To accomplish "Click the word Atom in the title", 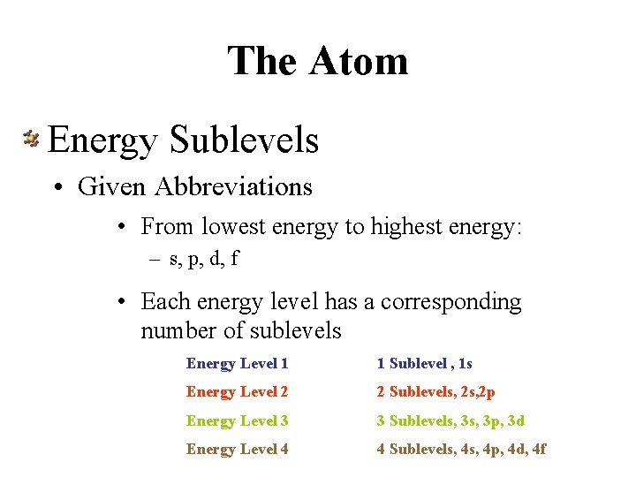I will [x=359, y=61].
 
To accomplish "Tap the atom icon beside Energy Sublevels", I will [x=31, y=139].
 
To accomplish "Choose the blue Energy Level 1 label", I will [x=237, y=364].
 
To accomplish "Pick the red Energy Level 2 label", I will [x=237, y=392].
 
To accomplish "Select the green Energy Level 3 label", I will [x=237, y=421].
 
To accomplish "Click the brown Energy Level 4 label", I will [x=237, y=450].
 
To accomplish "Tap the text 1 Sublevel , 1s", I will [x=424, y=364].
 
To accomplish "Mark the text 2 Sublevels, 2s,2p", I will [x=435, y=392].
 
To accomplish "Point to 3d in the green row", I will [x=515, y=421].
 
